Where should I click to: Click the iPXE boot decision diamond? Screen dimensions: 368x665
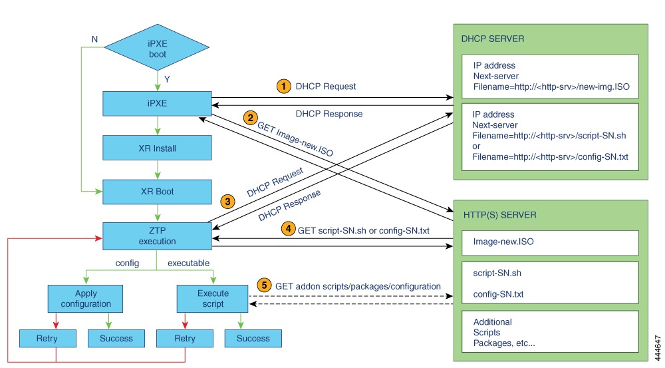point(157,49)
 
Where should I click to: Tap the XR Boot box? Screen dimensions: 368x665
point(157,191)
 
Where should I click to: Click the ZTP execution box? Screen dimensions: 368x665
point(157,234)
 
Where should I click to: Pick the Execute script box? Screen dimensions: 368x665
point(213,298)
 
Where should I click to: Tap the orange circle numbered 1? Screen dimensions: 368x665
point(284,87)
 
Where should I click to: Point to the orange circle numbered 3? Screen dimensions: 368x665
point(228,200)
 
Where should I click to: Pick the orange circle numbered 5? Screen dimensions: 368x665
point(265,285)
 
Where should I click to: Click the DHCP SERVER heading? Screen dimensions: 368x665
point(493,39)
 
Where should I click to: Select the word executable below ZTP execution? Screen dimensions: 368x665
point(188,263)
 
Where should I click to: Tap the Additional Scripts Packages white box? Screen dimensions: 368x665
point(549,333)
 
